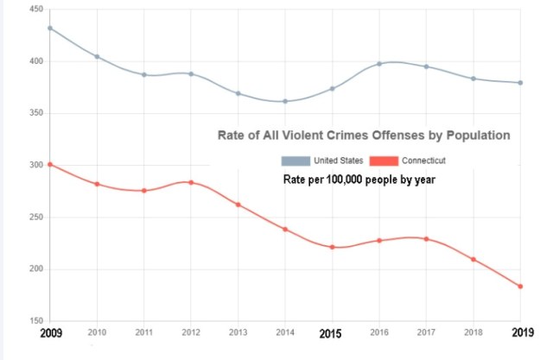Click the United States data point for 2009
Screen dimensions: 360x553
point(50,28)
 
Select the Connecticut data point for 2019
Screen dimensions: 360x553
point(521,286)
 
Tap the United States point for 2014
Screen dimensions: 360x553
point(285,101)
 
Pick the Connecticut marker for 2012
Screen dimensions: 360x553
point(191,182)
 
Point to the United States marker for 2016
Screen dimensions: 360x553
point(379,64)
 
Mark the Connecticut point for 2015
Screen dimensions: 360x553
point(333,247)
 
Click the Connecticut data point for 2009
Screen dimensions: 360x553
point(50,164)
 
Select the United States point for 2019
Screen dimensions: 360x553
point(521,83)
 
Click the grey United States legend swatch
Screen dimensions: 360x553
point(296,161)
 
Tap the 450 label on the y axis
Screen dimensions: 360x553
point(36,9)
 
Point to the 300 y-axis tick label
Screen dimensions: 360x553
point(36,165)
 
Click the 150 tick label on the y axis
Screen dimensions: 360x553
point(36,321)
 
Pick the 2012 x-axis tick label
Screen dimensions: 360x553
point(191,332)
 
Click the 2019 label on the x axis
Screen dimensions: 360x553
point(521,333)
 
